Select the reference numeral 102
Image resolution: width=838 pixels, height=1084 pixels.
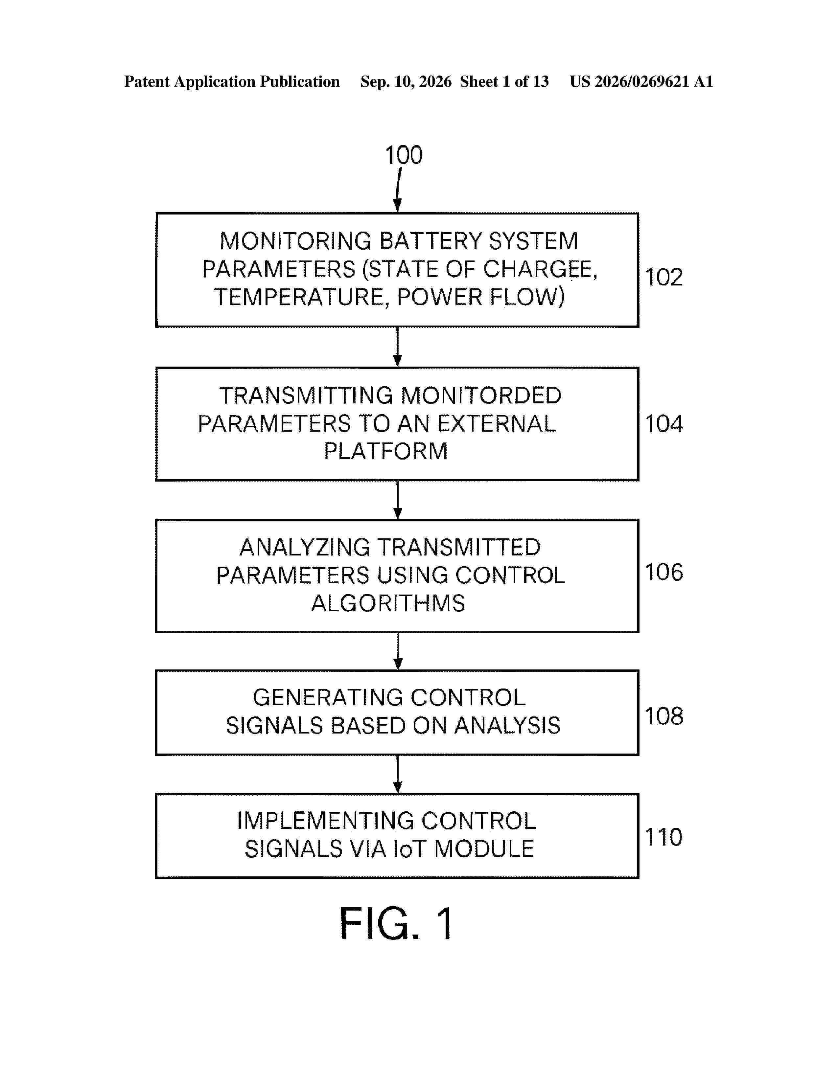pyautogui.click(x=664, y=277)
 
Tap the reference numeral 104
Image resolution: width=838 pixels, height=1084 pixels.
pyautogui.click(x=664, y=424)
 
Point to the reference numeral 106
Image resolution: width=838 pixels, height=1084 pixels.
pyautogui.click(x=664, y=572)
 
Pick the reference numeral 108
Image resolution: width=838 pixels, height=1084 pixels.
pyautogui.click(x=664, y=716)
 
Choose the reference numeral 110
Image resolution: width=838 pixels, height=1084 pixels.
pyautogui.click(x=664, y=837)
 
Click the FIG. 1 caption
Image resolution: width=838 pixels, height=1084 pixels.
pyautogui.click(x=396, y=923)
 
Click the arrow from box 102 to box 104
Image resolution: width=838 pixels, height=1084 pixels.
pyautogui.click(x=397, y=347)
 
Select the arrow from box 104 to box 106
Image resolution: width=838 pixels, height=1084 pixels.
pyautogui.click(x=397, y=500)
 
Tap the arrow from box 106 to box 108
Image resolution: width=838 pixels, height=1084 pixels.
pyautogui.click(x=398, y=651)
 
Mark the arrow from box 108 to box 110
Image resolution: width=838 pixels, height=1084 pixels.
pyautogui.click(x=397, y=774)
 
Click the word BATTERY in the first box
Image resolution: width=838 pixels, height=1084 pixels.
pyautogui.click(x=431, y=241)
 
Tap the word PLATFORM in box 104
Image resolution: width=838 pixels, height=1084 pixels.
pyautogui.click(x=386, y=451)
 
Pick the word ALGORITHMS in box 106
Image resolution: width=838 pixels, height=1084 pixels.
pyautogui.click(x=388, y=603)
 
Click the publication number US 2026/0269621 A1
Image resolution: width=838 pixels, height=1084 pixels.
pyautogui.click(x=641, y=81)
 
